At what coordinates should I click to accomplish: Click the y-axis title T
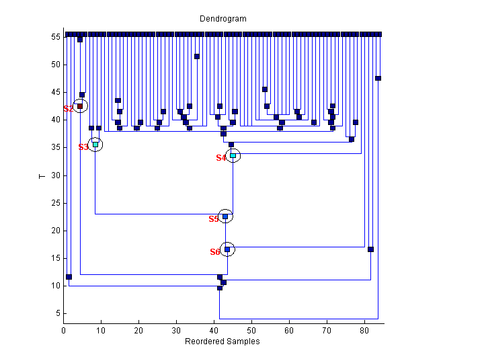(x=42, y=176)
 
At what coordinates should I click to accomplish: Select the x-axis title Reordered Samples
(x=222, y=341)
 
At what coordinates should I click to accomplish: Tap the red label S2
(x=68, y=109)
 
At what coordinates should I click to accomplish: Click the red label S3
(x=83, y=147)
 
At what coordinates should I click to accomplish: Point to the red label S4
(x=221, y=158)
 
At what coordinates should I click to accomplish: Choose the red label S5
(x=214, y=219)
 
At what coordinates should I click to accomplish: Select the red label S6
(x=215, y=252)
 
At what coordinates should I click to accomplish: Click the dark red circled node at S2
(x=80, y=106)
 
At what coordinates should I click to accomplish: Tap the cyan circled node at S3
(x=95, y=145)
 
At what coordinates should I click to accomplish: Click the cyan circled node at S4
(x=233, y=156)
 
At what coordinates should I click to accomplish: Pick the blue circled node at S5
(x=226, y=216)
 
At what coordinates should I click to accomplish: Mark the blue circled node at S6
(x=227, y=249)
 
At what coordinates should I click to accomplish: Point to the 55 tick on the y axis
(x=56, y=37)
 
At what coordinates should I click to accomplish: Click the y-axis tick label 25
(x=56, y=203)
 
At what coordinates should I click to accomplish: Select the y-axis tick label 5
(x=58, y=313)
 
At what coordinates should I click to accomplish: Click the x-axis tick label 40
(x=214, y=331)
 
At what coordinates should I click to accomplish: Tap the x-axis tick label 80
(x=364, y=331)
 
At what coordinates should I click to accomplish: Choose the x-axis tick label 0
(x=64, y=331)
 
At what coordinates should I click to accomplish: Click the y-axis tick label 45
(x=56, y=93)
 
